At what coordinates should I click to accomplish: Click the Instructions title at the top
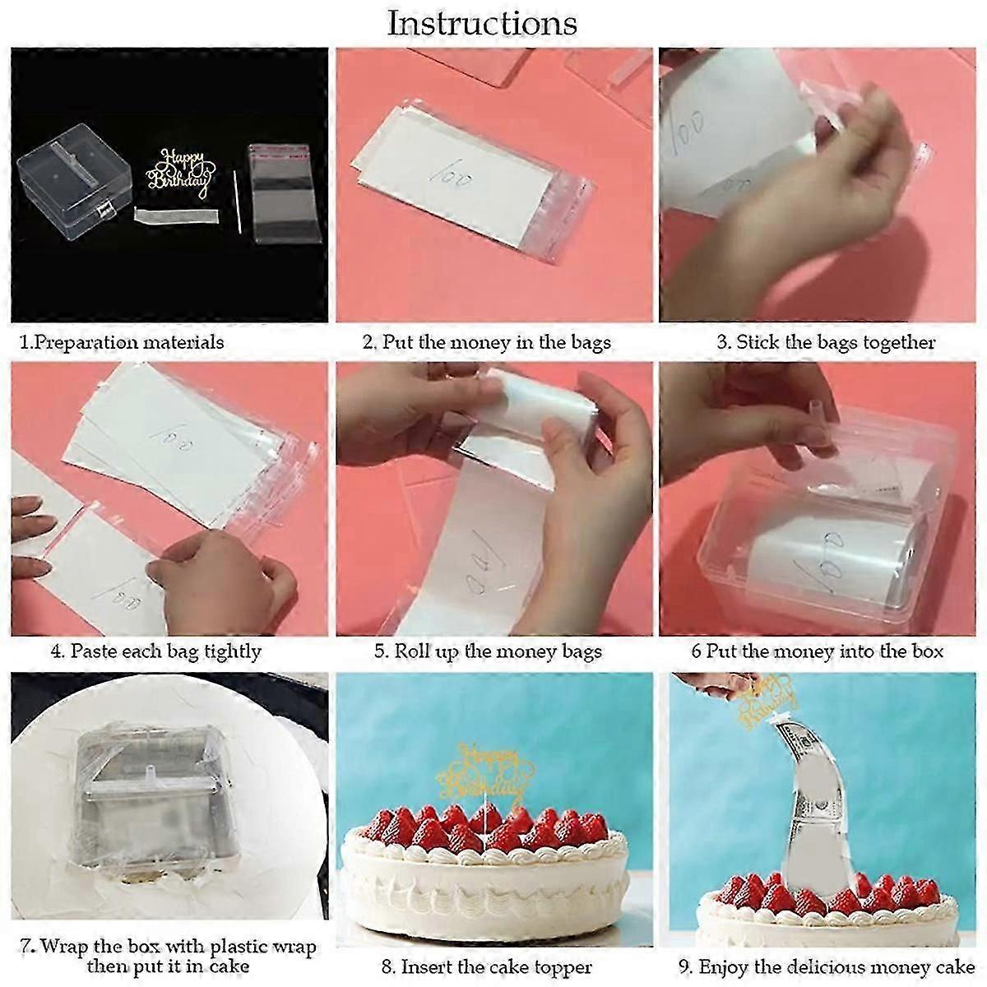point(482,23)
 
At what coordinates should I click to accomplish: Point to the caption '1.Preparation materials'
point(122,342)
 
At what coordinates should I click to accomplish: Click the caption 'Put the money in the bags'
point(497,342)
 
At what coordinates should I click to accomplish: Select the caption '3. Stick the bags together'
point(826,342)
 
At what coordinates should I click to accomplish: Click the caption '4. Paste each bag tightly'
point(155,651)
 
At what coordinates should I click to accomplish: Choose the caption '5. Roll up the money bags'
point(488,651)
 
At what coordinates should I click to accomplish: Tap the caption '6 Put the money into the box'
point(817,651)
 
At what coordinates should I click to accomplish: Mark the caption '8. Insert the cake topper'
point(486,966)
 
